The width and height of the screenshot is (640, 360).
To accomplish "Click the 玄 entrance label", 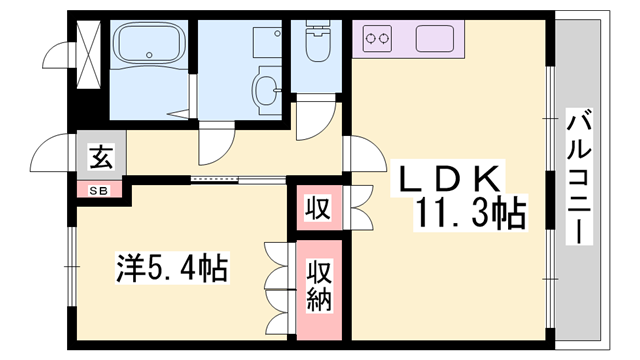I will click(x=101, y=157).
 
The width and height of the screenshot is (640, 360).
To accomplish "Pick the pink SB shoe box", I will click(x=101, y=189).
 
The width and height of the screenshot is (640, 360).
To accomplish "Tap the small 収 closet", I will click(x=317, y=209).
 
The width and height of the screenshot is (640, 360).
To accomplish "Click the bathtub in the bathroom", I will click(x=151, y=46).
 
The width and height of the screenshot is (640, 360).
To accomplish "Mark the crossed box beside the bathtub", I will click(x=86, y=50).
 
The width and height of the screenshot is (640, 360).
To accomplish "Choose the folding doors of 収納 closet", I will click(x=276, y=284).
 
